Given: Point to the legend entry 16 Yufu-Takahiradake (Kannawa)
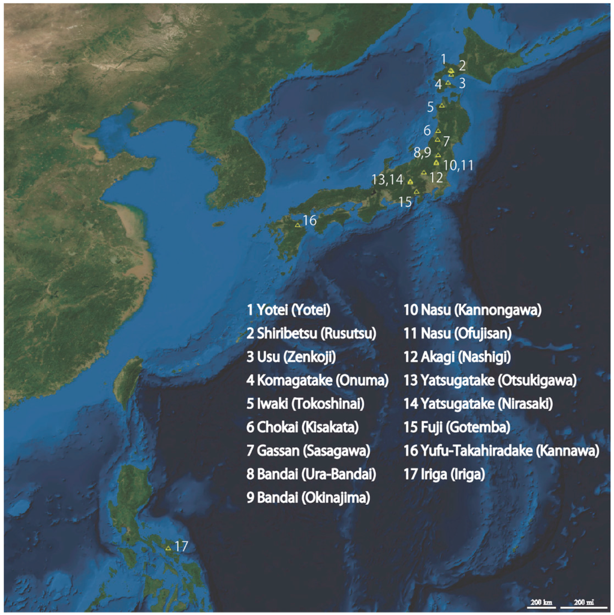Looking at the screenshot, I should pos(502,451).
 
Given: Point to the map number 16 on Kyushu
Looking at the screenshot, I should pos(309,221).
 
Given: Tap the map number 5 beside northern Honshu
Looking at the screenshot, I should pos(431,107).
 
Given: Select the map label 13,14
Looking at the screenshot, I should pos(387,179).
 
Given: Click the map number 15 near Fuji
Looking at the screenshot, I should pos(405,201).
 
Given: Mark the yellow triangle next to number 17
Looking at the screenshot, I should pos(168,547).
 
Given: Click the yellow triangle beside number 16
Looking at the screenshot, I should pos(297,225).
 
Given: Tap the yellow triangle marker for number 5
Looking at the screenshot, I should pos(442,105).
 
